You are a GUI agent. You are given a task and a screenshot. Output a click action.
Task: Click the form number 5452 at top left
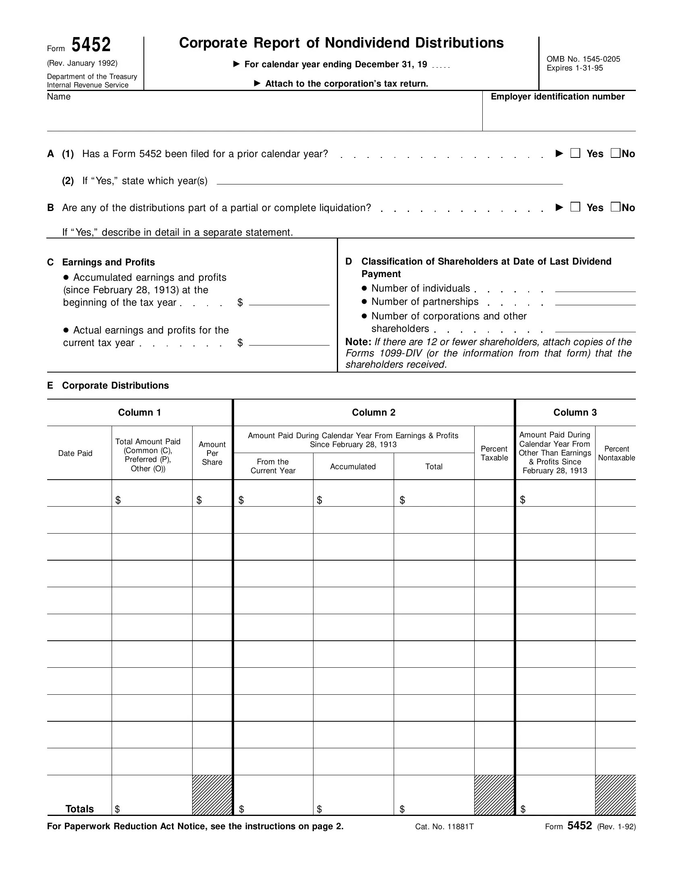[91, 45]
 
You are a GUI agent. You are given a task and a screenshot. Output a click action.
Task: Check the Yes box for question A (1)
[575, 153]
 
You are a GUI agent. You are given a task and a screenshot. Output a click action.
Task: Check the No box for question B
[615, 207]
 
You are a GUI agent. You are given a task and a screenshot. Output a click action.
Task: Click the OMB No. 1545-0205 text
[583, 59]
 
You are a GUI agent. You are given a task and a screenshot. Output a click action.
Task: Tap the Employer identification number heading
[557, 97]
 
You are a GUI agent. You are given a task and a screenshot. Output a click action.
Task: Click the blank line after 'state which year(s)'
[390, 181]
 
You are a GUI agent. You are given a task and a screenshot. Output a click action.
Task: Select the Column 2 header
[374, 412]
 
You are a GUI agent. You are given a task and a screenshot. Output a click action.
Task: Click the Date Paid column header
[75, 453]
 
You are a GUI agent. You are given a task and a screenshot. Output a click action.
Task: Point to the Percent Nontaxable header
[616, 453]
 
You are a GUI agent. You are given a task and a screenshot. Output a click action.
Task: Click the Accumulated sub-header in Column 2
[353, 466]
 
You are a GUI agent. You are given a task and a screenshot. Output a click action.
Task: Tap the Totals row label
[79, 809]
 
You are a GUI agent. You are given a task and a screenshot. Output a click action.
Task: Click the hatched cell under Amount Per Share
[212, 795]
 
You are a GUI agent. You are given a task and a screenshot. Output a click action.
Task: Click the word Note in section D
[357, 342]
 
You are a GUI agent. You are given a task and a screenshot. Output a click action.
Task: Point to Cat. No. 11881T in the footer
[444, 827]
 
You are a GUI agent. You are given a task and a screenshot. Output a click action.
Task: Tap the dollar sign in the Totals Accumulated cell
[320, 809]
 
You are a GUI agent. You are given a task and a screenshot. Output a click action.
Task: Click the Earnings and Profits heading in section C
[108, 262]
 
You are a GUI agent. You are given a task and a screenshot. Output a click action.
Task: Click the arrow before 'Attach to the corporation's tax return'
[257, 84]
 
